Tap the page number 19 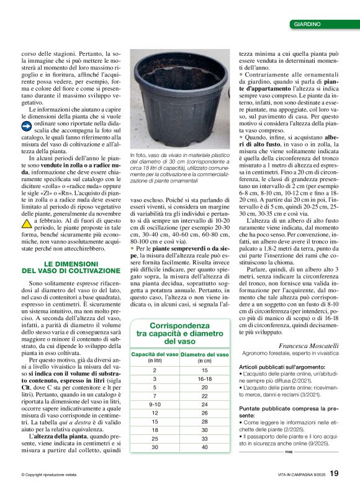click(x=334, y=473)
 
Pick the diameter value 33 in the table click(x=204, y=438)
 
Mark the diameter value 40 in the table click(x=204, y=447)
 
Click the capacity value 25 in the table click(x=155, y=438)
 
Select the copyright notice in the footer click(x=49, y=475)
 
